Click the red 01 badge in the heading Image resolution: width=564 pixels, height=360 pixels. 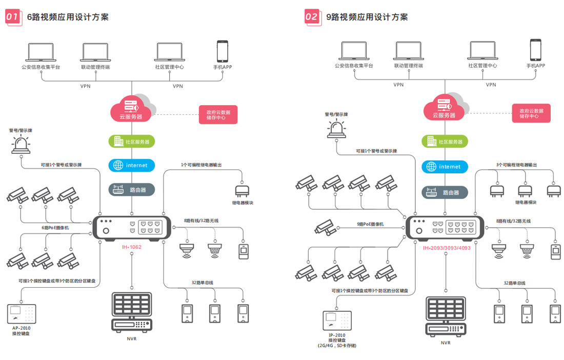click(13, 17)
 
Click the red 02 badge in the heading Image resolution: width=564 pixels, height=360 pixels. click(312, 16)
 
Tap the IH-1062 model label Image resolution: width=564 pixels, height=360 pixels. click(131, 247)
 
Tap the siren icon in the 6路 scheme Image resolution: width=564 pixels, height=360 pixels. click(21, 145)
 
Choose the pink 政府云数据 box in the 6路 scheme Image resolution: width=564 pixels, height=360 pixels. click(218, 114)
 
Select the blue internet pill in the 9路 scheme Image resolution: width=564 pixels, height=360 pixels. click(445, 167)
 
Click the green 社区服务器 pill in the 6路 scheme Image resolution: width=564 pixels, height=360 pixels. click(131, 142)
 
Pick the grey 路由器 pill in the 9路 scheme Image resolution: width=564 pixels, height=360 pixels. click(445, 192)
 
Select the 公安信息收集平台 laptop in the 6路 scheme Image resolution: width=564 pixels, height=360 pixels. click(41, 52)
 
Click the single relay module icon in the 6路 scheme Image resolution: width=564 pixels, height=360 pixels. click(242, 191)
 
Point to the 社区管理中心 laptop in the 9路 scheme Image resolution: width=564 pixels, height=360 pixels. click(482, 51)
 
